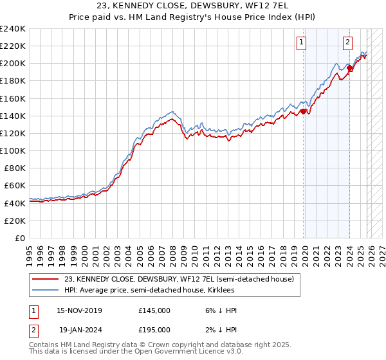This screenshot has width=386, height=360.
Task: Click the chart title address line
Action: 193,6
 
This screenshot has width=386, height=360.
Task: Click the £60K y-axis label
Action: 15,185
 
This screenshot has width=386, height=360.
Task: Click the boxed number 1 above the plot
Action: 302,42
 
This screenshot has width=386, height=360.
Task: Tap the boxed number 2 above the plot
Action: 347,42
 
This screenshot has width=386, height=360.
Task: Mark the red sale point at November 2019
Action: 303,111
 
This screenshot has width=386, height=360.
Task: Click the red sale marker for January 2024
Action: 349,67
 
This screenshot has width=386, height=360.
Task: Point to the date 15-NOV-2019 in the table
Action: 79,310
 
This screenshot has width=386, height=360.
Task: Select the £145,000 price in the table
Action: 154,310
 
